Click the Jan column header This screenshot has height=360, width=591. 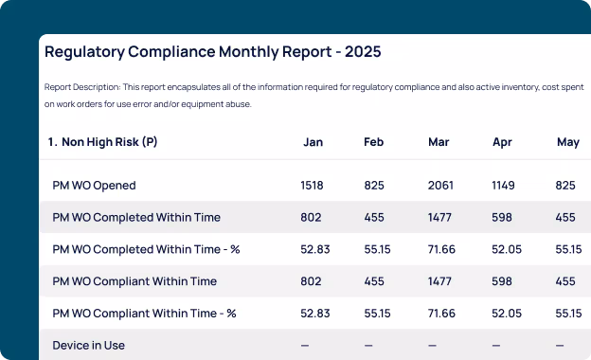pos(313,142)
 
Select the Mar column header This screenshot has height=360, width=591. pos(439,142)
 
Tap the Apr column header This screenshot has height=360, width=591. pos(502,142)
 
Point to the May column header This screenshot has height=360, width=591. pos(568,142)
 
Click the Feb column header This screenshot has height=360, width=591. pos(373,142)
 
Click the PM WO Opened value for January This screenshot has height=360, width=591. pos(312,186)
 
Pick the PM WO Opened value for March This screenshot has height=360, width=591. pos(440,186)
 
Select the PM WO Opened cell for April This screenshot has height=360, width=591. pos(503,186)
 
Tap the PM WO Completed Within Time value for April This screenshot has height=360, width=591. pos(502,218)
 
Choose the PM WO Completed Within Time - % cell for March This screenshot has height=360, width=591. pos(441,249)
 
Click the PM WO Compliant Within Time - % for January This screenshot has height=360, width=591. pos(315,314)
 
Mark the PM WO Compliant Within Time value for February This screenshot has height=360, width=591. pos(374,281)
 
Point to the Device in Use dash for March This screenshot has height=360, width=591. pos(432,345)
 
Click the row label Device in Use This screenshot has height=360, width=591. pos(89,345)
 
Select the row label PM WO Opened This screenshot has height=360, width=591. pos(94,186)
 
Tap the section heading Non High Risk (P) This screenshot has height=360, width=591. pos(109,142)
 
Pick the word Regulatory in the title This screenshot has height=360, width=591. pos(84,52)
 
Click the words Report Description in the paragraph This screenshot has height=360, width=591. pos(82,87)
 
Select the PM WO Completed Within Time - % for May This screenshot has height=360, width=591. pos(568,249)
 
